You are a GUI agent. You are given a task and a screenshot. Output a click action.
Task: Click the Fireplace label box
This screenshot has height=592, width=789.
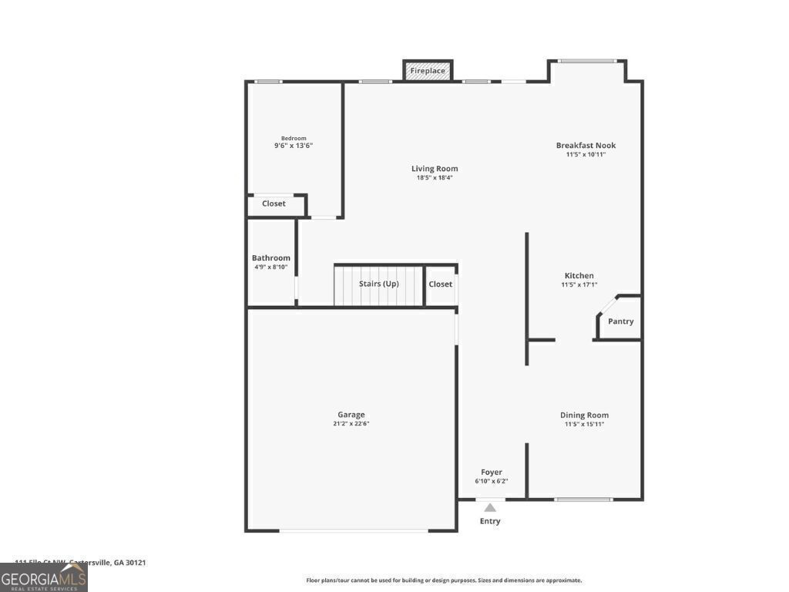point(428,71)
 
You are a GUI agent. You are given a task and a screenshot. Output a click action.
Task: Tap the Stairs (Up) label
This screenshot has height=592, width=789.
point(378,284)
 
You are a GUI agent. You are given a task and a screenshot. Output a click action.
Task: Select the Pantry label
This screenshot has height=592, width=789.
point(620,321)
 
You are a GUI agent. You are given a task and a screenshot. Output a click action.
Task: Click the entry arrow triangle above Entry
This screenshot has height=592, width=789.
point(490,507)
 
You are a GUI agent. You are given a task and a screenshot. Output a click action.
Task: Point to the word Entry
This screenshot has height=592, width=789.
point(490,521)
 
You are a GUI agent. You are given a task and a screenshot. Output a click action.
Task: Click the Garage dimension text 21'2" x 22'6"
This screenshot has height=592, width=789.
point(351,424)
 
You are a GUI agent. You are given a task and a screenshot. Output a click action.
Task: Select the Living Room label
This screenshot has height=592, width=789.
point(435,168)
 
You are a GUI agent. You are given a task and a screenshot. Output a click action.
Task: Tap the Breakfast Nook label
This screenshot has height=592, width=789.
point(586,145)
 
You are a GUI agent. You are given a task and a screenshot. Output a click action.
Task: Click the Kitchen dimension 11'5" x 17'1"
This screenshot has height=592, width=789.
point(579,284)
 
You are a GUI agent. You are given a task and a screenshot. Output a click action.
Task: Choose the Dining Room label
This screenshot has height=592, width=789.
point(584,415)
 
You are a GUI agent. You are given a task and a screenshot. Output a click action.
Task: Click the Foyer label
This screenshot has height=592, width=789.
point(491,472)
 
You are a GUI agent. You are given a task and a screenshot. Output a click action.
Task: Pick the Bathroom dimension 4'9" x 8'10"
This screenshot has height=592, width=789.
point(271,267)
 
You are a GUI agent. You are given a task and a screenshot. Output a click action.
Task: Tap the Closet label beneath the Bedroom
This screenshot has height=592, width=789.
point(274,203)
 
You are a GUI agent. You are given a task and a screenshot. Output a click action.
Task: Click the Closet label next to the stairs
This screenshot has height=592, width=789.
point(441,284)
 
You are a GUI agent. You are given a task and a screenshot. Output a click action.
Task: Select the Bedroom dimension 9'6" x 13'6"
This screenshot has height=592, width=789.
point(294,146)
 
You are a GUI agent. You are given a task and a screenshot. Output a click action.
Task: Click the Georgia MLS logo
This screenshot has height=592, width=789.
point(44,577)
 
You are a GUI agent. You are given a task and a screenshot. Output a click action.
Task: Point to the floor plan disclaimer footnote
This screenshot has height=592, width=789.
point(444,580)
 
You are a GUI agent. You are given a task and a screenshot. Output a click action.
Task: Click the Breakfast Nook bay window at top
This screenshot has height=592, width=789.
point(587,61)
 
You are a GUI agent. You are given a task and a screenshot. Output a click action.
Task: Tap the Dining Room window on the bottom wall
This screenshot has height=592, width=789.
point(584,499)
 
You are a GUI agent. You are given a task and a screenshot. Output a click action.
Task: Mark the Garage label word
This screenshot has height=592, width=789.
point(351,415)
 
